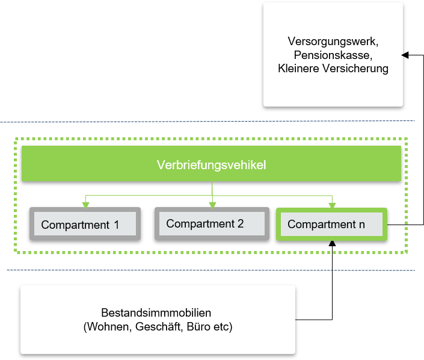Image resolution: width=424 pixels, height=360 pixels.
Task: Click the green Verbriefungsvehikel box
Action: (x=211, y=164)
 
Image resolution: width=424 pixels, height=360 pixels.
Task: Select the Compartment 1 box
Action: (x=85, y=224)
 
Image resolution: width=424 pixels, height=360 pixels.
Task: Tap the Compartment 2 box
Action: (x=212, y=223)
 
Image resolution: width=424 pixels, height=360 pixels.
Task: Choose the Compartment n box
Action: (x=331, y=224)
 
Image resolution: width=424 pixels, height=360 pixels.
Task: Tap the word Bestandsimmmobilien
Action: (x=156, y=312)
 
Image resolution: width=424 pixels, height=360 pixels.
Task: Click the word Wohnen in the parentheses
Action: (x=108, y=327)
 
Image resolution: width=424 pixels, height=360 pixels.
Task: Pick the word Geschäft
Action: (x=157, y=327)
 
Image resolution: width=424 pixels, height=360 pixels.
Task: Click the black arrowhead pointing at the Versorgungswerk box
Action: (x=405, y=55)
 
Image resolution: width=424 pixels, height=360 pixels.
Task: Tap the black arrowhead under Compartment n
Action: (x=332, y=243)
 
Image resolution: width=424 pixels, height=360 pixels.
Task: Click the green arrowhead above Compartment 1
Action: (x=86, y=205)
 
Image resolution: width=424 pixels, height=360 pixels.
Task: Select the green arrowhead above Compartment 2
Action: (x=212, y=205)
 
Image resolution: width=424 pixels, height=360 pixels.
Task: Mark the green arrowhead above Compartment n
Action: (x=332, y=206)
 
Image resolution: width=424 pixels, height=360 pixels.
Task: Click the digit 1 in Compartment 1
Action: (x=117, y=225)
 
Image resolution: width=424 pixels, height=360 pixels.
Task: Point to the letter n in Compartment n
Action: (x=362, y=225)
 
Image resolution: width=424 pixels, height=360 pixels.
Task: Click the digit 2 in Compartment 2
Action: (x=241, y=223)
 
